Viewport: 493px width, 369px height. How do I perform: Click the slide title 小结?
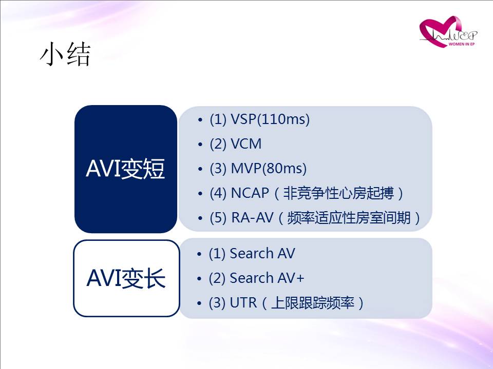click(x=65, y=54)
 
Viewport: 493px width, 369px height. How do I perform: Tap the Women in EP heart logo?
click(x=448, y=32)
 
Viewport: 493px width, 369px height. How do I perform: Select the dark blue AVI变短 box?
click(x=126, y=169)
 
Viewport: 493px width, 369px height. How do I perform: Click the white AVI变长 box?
click(x=126, y=278)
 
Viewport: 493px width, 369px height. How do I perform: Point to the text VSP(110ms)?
click(x=270, y=119)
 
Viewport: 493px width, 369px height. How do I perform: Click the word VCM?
click(x=246, y=144)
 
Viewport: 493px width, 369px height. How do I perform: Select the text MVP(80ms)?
click(x=269, y=169)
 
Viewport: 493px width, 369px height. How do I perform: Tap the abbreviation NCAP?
click(x=250, y=193)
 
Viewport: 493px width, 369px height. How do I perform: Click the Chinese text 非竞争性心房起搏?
click(x=338, y=193)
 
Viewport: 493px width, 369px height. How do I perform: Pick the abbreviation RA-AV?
click(x=252, y=217)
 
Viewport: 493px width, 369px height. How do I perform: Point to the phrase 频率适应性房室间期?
click(x=349, y=218)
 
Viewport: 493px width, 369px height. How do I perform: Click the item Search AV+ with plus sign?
click(x=267, y=278)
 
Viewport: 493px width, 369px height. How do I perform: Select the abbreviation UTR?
click(x=243, y=303)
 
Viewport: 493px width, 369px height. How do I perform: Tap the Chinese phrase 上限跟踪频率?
click(x=313, y=303)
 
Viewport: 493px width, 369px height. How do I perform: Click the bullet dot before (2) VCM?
click(x=200, y=145)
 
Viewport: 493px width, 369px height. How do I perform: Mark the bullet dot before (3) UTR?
click(x=199, y=303)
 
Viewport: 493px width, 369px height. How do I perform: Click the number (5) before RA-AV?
click(x=218, y=218)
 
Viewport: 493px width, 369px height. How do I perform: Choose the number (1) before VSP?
click(x=218, y=119)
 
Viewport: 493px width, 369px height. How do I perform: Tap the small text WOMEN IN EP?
click(x=461, y=44)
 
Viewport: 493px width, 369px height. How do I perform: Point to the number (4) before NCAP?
click(x=218, y=193)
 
